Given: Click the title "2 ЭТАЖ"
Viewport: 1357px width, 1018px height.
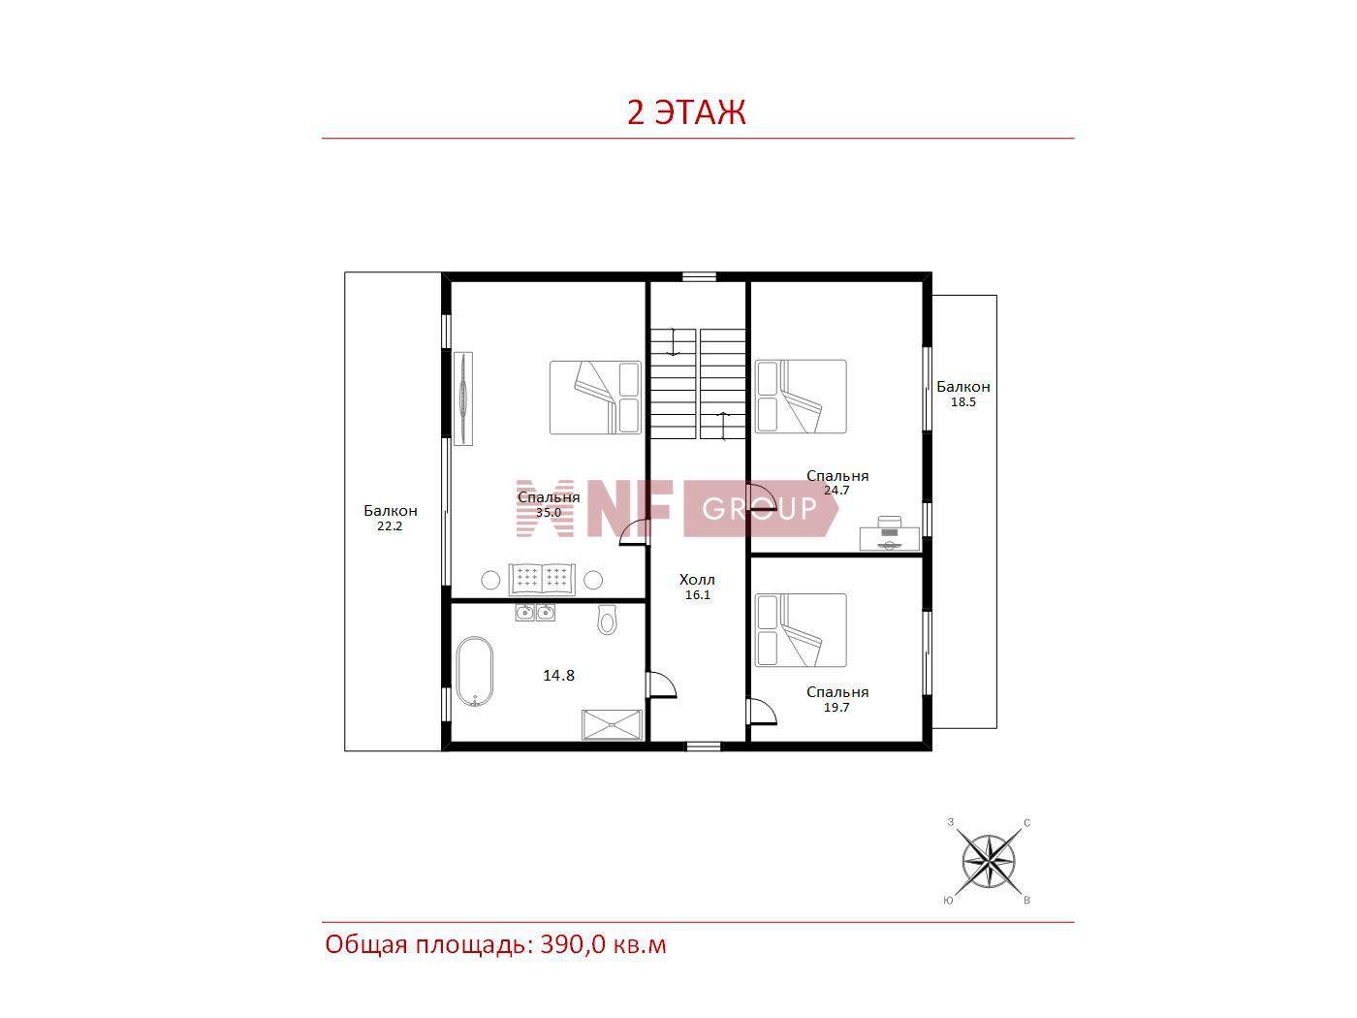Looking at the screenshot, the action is click(x=686, y=112).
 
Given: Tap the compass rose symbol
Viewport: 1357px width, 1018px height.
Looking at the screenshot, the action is click(x=988, y=861).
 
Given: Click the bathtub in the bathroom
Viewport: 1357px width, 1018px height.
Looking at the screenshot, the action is click(x=475, y=671).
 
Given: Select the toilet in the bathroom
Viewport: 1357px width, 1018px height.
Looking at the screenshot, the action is click(x=608, y=620).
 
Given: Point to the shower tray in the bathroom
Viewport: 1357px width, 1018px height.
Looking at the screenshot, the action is click(x=612, y=724).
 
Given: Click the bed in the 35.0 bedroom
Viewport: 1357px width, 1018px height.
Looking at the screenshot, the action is click(x=595, y=398).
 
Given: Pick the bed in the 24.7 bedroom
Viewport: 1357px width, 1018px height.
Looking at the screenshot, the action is click(x=801, y=397).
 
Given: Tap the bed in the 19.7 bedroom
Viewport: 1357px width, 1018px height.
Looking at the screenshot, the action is click(x=801, y=630).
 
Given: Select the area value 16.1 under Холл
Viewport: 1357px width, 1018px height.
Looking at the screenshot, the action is click(x=697, y=595).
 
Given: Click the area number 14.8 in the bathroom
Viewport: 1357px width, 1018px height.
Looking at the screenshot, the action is click(x=558, y=676).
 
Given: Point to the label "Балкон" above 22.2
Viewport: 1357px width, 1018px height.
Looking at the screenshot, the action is click(x=390, y=511).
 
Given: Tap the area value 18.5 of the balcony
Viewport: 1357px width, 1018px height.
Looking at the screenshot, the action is click(x=963, y=402).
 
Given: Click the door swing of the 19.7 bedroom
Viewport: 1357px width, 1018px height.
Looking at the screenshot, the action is click(x=762, y=711).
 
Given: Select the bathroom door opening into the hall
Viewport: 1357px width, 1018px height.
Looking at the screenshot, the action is click(x=661, y=684).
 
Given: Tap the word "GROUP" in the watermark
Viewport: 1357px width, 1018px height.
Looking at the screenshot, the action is click(x=759, y=509).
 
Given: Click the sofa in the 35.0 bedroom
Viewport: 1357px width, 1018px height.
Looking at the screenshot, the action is click(x=542, y=580).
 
